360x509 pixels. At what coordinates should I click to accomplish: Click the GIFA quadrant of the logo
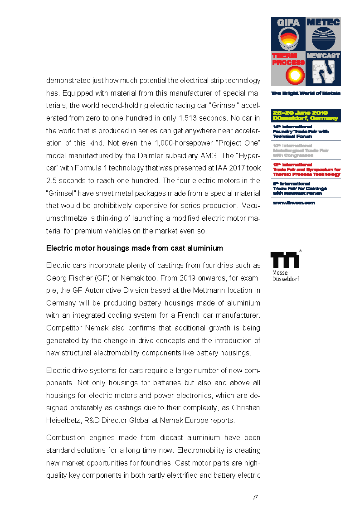click(288, 34)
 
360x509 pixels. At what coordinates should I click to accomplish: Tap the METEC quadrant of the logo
click(323, 34)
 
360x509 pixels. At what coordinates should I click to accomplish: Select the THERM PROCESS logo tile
click(288, 69)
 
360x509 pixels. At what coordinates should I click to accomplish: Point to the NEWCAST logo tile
click(323, 69)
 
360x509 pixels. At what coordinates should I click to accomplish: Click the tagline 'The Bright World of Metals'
click(306, 93)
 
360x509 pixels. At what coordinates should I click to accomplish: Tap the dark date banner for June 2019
click(306, 116)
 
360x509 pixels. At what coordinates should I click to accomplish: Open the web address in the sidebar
click(293, 203)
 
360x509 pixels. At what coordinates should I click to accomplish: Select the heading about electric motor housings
click(135, 248)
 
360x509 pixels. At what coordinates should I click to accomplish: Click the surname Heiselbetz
click(64, 420)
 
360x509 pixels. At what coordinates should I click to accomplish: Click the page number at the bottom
click(255, 497)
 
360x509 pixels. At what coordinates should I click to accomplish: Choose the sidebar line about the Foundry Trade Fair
click(301, 131)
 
